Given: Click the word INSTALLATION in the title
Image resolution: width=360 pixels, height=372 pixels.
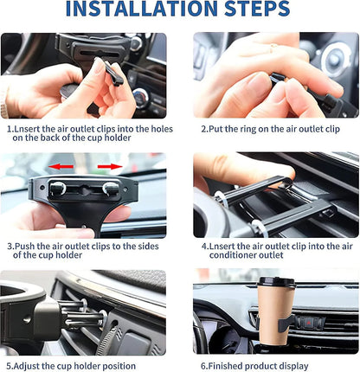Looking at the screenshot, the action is point(142,9).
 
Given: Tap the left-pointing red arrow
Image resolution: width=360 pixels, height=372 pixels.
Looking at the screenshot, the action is point(61,166).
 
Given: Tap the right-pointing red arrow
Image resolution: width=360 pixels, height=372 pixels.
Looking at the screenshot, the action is point(110,166).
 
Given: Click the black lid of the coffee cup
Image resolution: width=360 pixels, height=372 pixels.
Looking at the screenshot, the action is point(277,281).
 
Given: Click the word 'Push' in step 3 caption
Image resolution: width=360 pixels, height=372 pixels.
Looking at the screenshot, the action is point(25,247).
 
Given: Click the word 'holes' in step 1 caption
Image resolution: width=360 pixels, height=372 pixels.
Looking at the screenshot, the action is point(162,129).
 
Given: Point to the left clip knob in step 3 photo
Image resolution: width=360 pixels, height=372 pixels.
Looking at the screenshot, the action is point(58,189).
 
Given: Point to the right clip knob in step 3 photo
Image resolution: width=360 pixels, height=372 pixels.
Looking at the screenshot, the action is point(111,189).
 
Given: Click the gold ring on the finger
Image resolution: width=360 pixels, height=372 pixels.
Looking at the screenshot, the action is point(273,47).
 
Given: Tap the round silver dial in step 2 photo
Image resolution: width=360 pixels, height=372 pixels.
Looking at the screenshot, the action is point(335,59).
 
